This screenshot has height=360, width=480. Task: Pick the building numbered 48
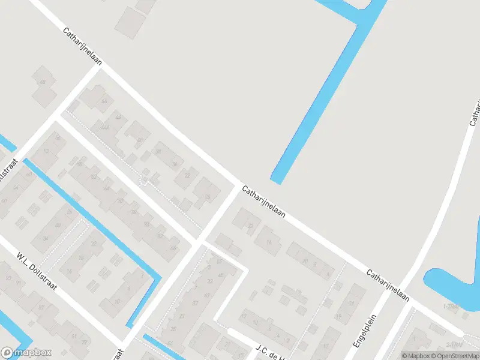[x=42, y=82]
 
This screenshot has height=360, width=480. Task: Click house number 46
[x=105, y=100]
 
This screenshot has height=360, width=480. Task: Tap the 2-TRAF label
[x=454, y=344]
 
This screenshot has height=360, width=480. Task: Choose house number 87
[x=42, y=307]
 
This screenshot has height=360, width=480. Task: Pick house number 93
[x=8, y=278]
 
